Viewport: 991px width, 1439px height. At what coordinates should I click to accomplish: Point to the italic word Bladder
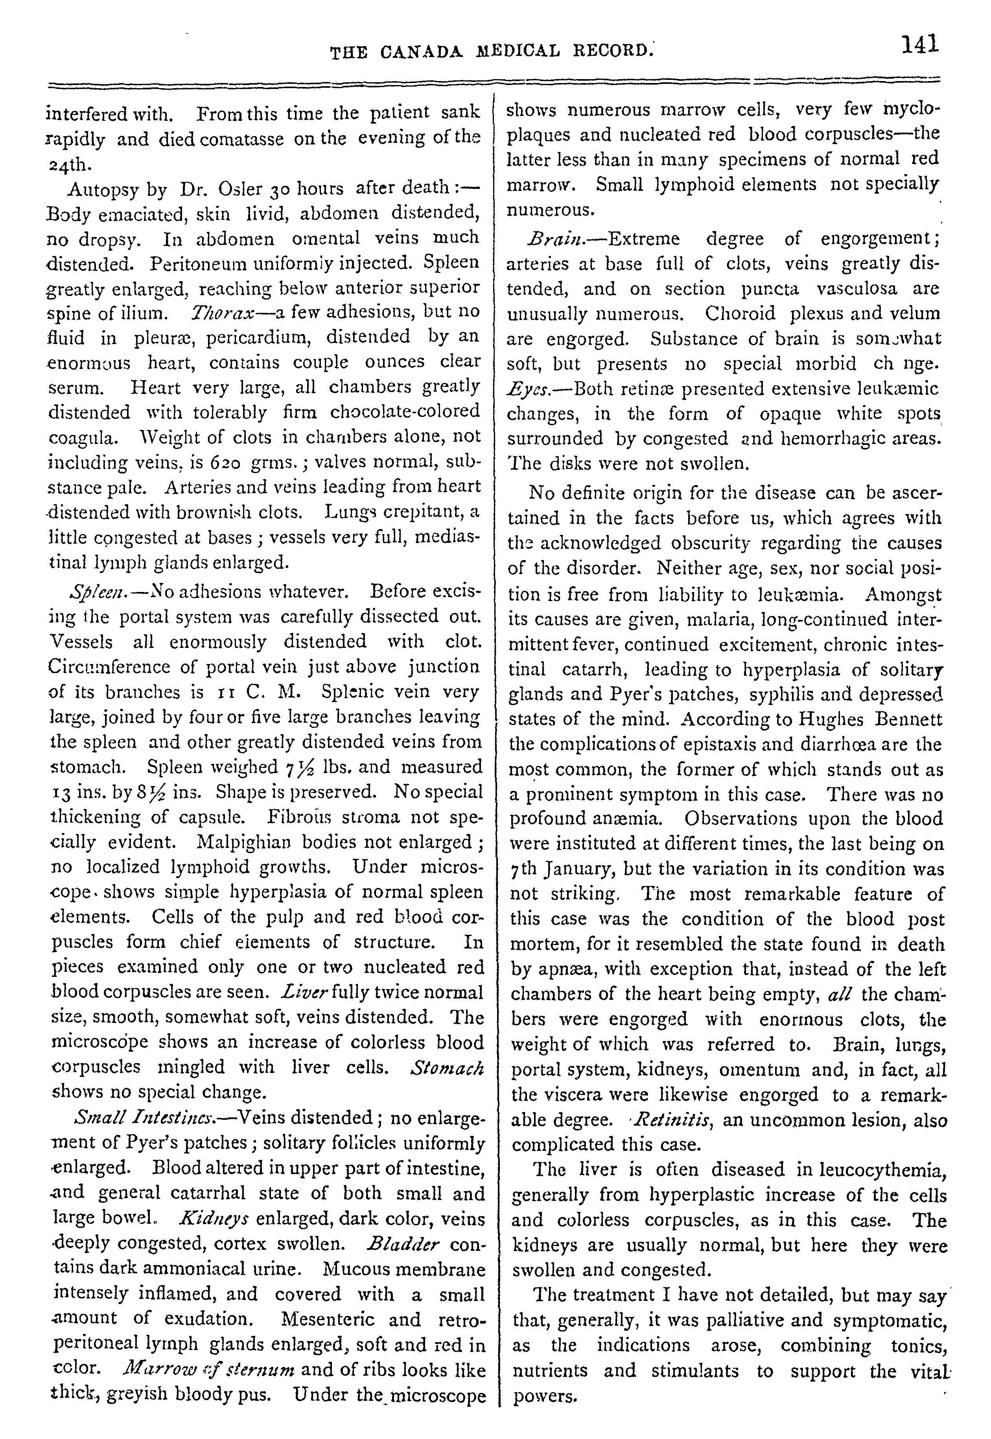403,1243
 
